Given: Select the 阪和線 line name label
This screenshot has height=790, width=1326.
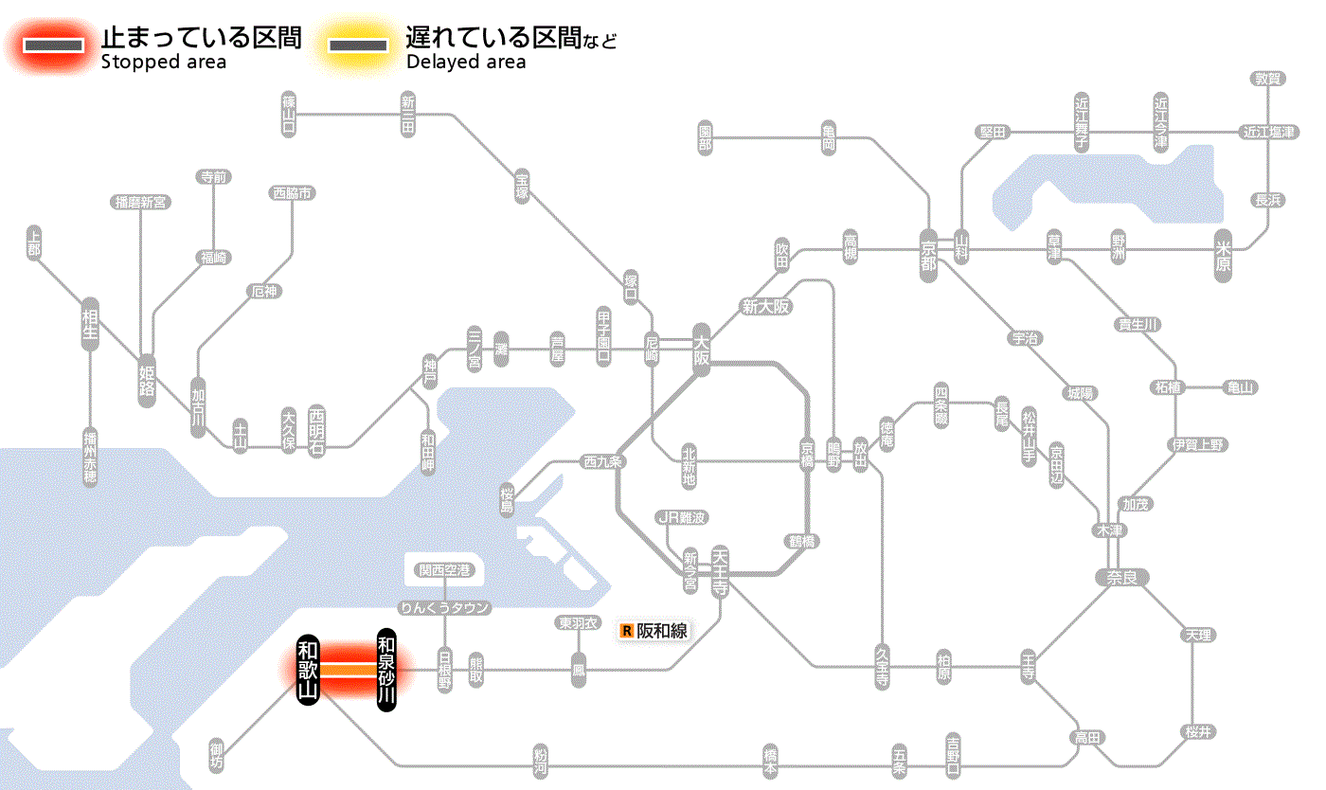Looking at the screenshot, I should point(662,630).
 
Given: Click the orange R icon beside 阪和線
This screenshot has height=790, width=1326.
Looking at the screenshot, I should point(626,630).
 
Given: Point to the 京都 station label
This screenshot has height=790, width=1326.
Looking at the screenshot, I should point(928,255).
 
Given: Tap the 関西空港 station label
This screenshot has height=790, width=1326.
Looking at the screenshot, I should point(445,570).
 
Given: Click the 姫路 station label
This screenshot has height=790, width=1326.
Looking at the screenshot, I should point(147,380).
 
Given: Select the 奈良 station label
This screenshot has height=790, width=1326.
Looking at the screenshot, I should point(1120,577).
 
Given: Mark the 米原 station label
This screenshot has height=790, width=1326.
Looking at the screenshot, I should point(1223,255).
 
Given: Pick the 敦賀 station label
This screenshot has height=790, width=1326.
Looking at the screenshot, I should point(1268,79).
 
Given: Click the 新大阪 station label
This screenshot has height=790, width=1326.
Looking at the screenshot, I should point(766,306).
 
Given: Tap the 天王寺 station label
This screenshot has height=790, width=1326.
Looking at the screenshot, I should point(719,570).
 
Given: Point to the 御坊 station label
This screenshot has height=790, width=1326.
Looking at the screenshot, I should point(218,755).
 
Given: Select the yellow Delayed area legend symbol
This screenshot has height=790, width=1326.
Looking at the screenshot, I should point(358,45).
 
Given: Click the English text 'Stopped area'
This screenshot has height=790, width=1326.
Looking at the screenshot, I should point(163,63).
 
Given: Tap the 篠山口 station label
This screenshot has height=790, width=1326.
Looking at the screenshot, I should point(289,115).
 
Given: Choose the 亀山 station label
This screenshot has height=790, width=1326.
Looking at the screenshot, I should point(1240,387).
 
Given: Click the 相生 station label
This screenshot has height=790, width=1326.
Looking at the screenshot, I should point(90,324).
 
